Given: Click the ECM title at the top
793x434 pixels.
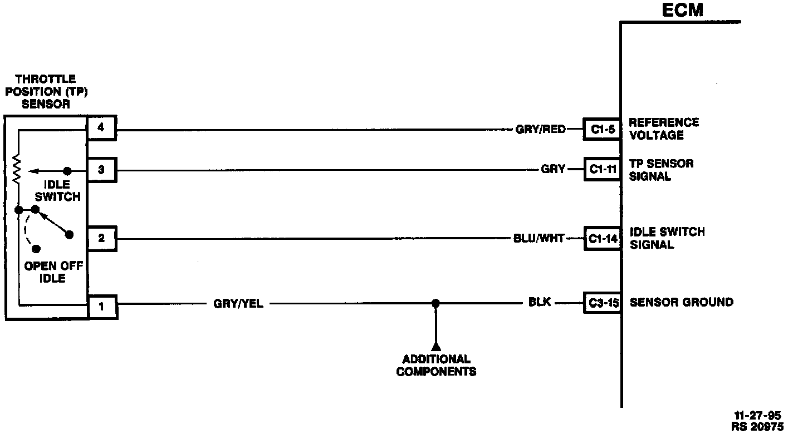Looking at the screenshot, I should [683, 10].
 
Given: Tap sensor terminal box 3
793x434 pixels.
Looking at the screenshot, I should [101, 170].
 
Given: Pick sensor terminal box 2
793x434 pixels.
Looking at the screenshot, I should [101, 238].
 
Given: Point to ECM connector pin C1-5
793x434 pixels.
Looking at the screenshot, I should [603, 130].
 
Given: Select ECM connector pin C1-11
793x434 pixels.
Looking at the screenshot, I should [603, 170].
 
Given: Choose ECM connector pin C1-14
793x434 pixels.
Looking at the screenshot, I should [603, 239].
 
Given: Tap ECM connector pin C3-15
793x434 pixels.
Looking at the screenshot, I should [603, 303].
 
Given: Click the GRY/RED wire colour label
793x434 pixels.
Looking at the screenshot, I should [540, 130].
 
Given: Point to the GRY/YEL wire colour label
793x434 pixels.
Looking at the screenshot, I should [238, 304].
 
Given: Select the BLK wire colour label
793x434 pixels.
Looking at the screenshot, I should [540, 303].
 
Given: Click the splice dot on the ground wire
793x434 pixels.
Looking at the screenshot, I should [436, 303].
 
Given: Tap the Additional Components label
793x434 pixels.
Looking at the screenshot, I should [436, 365].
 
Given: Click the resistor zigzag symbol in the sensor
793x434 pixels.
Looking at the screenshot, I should [17, 169].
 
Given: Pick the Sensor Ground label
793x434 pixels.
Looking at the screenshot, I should [681, 302].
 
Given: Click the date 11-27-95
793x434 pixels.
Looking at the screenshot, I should [757, 415].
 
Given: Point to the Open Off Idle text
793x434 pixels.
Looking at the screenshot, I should [53, 272].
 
